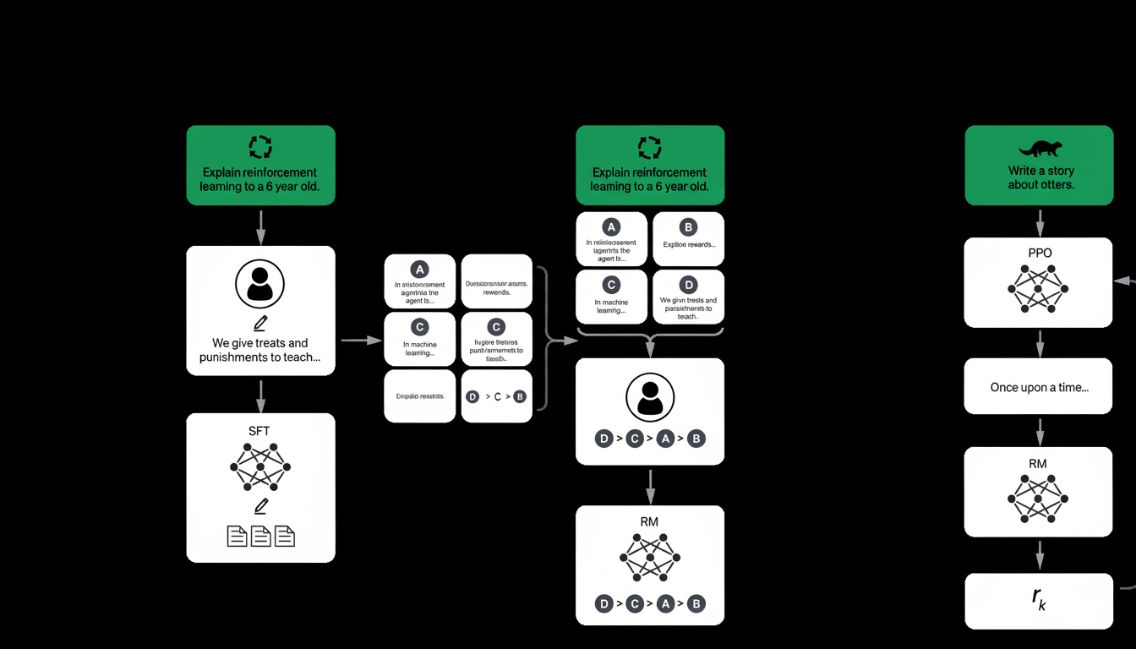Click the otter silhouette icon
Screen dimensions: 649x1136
1040,150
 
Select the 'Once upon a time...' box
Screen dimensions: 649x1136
1039,387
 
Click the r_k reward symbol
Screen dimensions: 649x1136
1039,599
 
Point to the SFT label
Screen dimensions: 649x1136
259,431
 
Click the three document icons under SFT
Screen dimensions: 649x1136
260,536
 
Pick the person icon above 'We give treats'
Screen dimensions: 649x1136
260,285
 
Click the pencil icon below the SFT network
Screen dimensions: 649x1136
260,506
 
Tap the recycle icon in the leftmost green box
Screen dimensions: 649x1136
260,148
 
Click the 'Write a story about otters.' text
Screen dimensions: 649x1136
1040,177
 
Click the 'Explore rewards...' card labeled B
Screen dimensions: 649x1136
688,238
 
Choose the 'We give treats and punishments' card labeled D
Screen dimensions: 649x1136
688,296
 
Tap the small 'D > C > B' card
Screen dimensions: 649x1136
496,395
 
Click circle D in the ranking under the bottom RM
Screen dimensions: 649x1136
603,603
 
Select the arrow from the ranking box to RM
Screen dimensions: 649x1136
650,485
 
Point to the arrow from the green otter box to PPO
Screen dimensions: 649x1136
1040,221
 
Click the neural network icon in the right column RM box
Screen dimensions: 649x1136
1038,499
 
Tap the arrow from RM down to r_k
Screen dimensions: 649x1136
1040,555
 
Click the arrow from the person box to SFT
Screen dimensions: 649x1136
260,394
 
